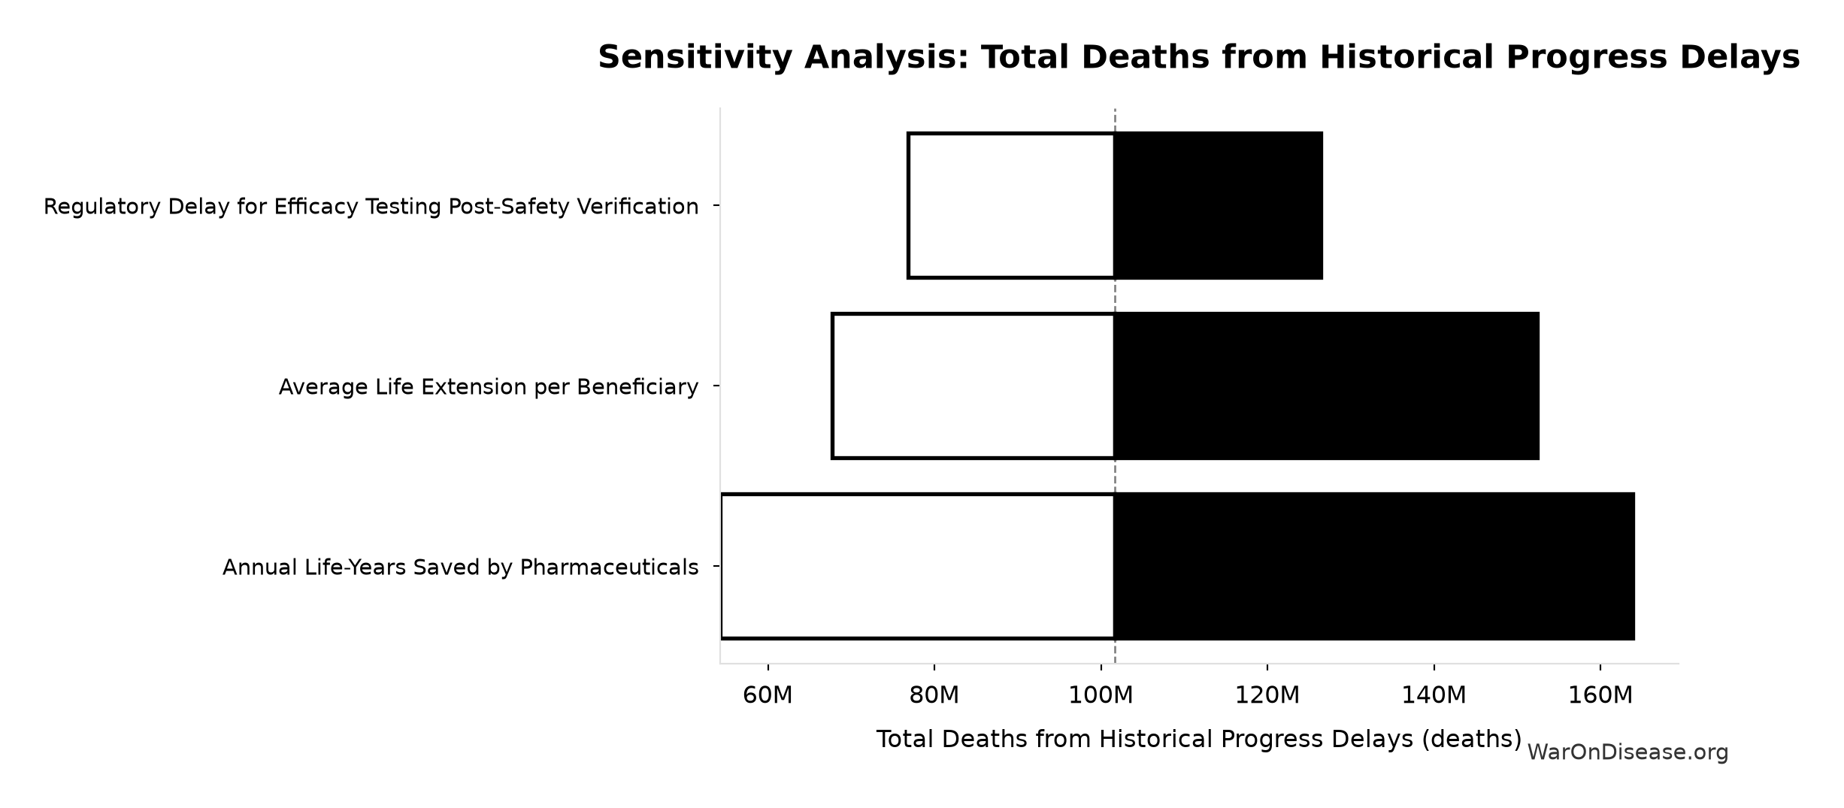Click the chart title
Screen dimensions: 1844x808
click(x=1198, y=57)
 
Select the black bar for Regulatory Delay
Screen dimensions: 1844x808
click(x=1219, y=206)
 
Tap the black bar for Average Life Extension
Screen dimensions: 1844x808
click(x=1327, y=386)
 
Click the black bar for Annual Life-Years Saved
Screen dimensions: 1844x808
click(x=1374, y=566)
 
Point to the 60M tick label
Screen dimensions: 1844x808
click(x=768, y=695)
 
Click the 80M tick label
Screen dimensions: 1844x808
click(x=934, y=695)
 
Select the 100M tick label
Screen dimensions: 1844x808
click(x=1101, y=695)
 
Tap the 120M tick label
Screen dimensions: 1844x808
click(x=1267, y=695)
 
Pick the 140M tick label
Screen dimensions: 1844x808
click(x=1434, y=695)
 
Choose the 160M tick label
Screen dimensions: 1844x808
click(x=1600, y=695)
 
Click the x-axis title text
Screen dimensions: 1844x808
click(x=1199, y=740)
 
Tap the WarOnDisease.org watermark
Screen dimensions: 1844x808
click(x=1628, y=752)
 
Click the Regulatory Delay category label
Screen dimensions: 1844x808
click(x=371, y=207)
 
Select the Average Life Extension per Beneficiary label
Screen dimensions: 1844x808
click(x=489, y=387)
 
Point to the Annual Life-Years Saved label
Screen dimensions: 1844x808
click(x=461, y=567)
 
